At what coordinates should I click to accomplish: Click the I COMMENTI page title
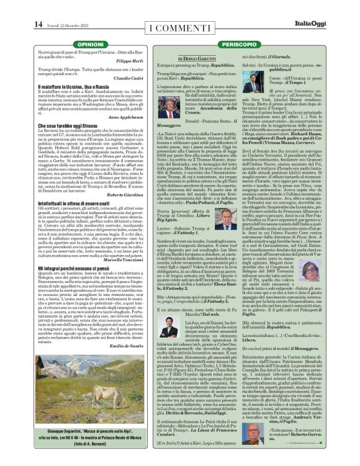[x=179, y=27]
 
